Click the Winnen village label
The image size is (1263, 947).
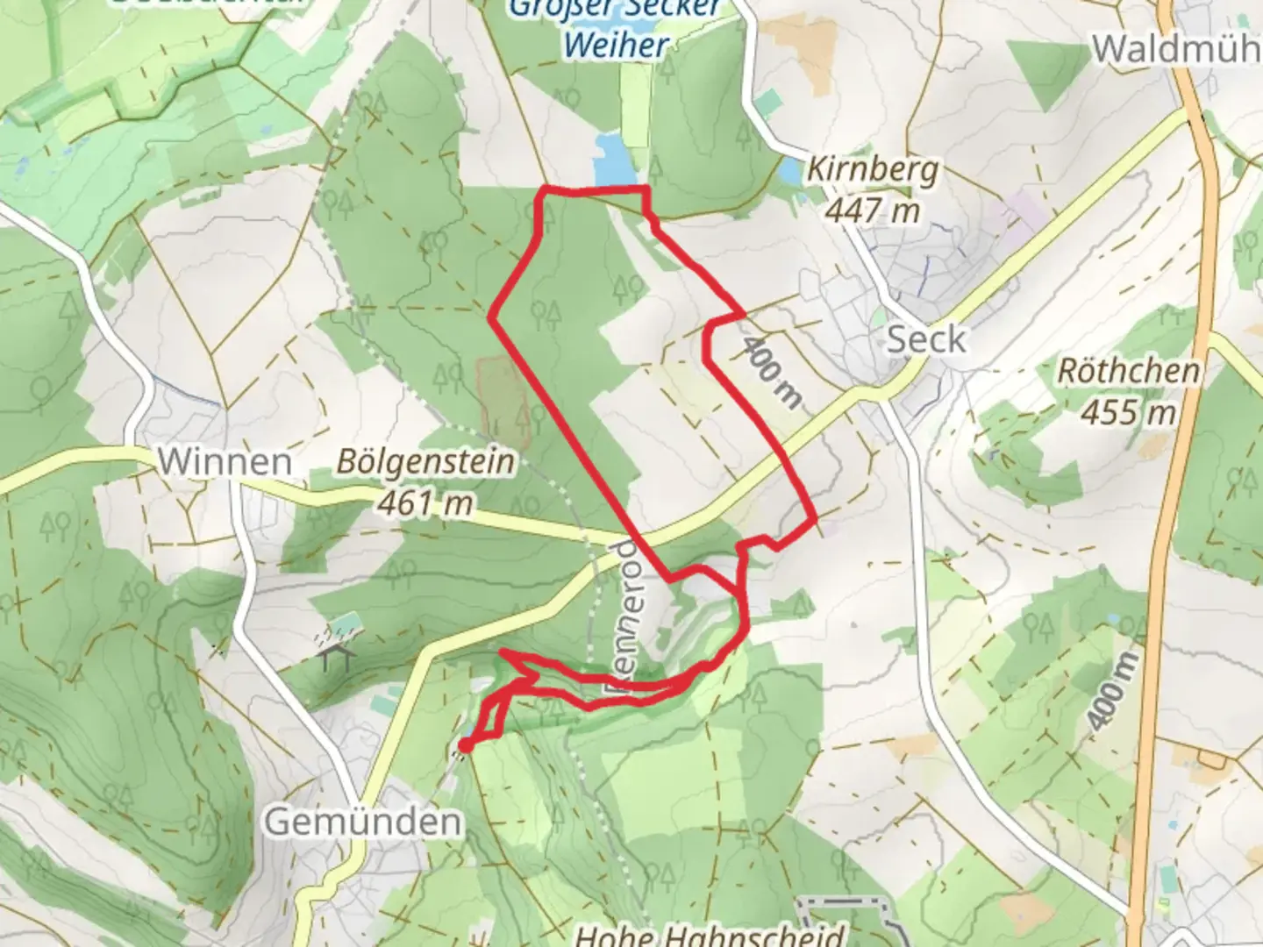(x=225, y=461)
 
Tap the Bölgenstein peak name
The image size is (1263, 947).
(x=426, y=462)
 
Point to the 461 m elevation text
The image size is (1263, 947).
(x=426, y=502)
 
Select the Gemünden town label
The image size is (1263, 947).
(x=363, y=822)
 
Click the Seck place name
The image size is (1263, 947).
(x=926, y=339)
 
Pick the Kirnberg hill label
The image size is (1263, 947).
(x=873, y=169)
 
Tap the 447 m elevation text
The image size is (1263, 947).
(x=873, y=210)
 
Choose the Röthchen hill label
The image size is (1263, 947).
(x=1128, y=371)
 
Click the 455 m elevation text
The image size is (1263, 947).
(x=1128, y=411)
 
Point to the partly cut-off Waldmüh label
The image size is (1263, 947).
(x=1175, y=49)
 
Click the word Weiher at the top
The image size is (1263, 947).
(x=617, y=46)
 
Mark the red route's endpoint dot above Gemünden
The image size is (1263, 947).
(x=464, y=746)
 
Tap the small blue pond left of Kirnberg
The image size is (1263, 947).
(x=790, y=171)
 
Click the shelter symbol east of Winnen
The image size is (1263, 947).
(x=336, y=657)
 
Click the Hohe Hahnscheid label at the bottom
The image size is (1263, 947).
(x=710, y=935)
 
